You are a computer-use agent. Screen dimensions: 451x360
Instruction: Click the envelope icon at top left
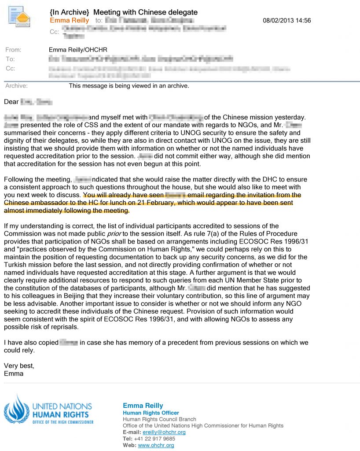pyautogui.click(x=19, y=17)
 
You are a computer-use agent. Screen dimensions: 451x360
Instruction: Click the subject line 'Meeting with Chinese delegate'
pyautogui.click(x=145, y=12)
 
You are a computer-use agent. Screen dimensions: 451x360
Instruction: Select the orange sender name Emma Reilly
pyautogui.click(x=69, y=20)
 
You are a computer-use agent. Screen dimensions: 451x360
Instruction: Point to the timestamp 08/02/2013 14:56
pyautogui.click(x=287, y=20)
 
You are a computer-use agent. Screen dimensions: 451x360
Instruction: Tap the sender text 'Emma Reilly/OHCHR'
pyautogui.click(x=78, y=50)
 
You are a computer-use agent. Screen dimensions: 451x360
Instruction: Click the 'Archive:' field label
pyautogui.click(x=16, y=85)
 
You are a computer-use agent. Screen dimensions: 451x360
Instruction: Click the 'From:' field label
pyautogui.click(x=13, y=50)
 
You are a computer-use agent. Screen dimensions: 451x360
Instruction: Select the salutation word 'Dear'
pyautogui.click(x=11, y=102)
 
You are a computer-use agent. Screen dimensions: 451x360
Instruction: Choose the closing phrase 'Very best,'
pyautogui.click(x=18, y=366)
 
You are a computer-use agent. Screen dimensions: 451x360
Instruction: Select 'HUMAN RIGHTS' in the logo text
pyautogui.click(x=60, y=414)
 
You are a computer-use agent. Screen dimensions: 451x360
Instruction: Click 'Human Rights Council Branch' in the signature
pyautogui.click(x=159, y=419)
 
